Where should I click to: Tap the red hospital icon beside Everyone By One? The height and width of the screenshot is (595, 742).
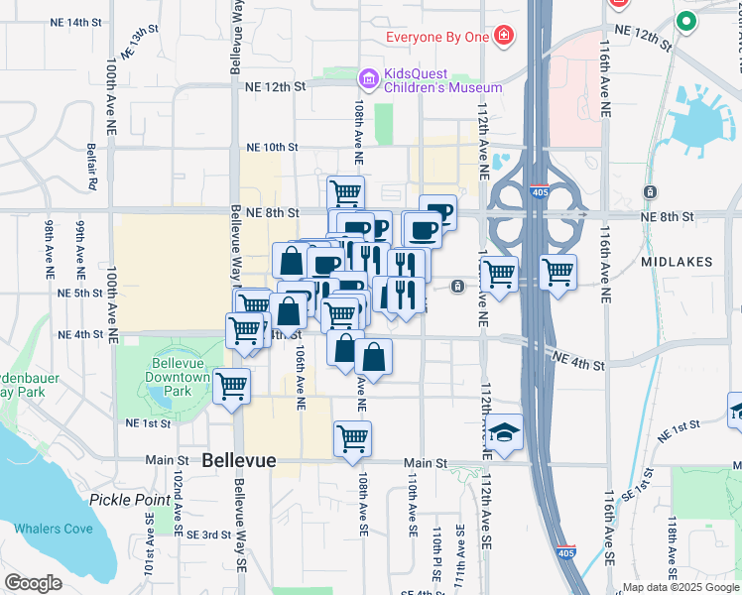[x=505, y=37]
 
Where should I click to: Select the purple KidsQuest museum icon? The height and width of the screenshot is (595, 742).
[x=369, y=78]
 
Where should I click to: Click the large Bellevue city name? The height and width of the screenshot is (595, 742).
[x=238, y=461]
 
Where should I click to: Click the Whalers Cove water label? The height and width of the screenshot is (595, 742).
[x=54, y=529]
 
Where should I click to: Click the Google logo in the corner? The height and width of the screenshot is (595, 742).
[x=33, y=583]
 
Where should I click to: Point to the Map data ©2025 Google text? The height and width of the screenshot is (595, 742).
[x=680, y=587]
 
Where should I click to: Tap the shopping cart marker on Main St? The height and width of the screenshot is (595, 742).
[x=353, y=438]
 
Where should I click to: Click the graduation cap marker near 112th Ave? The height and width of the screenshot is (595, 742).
[x=504, y=432]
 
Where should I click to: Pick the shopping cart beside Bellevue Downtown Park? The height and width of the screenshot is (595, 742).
[x=231, y=387]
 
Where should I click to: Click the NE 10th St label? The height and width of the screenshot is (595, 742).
[x=272, y=148]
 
